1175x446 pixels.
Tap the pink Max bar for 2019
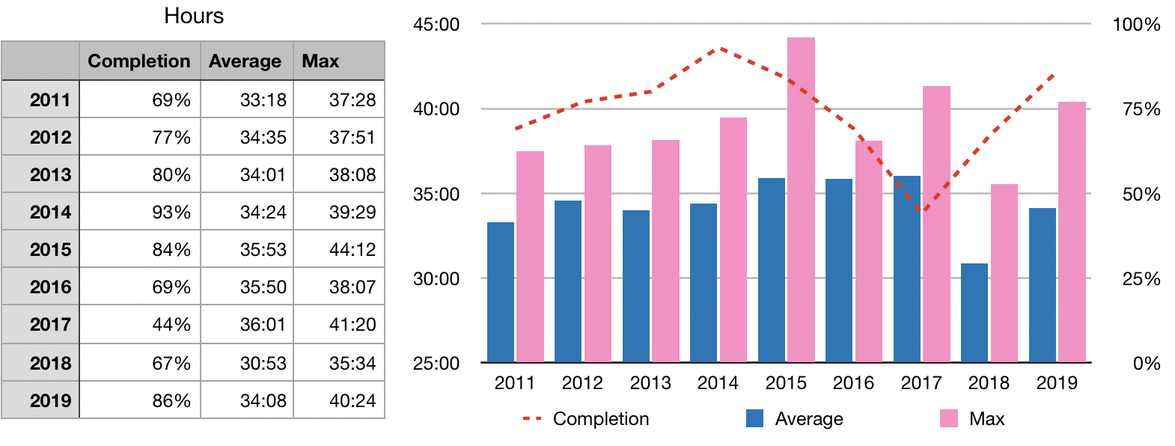(1072, 232)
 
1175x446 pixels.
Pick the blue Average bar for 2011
(501, 292)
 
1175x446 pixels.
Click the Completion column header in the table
(139, 61)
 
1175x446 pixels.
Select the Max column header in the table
(320, 61)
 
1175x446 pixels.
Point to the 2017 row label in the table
(50, 325)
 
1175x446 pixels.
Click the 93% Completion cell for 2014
(171, 213)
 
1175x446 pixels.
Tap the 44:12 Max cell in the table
(352, 250)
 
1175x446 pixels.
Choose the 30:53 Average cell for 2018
(263, 363)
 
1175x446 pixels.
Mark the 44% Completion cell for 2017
(171, 325)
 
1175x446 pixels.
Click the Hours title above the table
(194, 16)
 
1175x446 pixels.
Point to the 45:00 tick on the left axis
(436, 25)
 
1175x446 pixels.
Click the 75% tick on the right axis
(1141, 109)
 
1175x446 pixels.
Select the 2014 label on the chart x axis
(718, 383)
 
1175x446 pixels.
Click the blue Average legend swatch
(755, 418)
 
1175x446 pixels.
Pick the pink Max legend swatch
(949, 418)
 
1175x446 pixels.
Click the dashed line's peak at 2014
(720, 49)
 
